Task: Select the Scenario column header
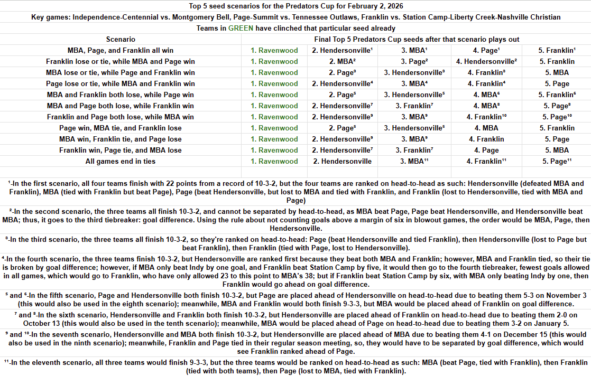[121, 39]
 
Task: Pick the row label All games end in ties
[121, 161]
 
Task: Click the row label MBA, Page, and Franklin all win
[121, 50]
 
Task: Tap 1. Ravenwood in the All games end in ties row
[274, 161]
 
